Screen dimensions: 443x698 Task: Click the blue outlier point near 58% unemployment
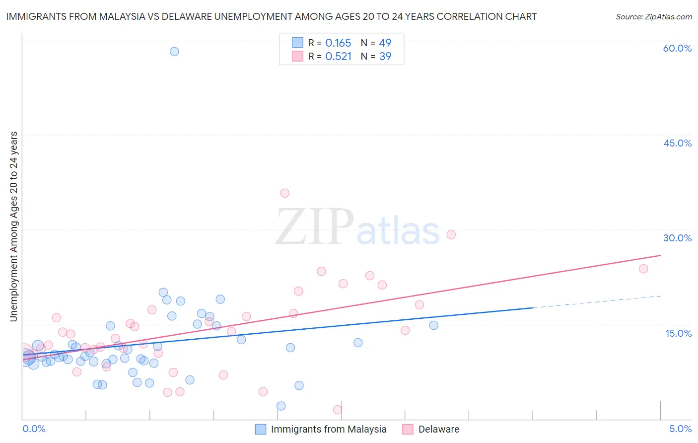(174, 52)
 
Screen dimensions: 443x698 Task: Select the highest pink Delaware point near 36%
(284, 193)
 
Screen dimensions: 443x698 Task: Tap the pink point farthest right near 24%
(643, 269)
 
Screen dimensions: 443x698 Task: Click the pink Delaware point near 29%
(451, 235)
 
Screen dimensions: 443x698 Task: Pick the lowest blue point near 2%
(281, 406)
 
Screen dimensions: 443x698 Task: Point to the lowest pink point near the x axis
(338, 410)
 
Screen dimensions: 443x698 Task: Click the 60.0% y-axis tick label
(677, 48)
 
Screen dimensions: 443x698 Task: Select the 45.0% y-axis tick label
(677, 143)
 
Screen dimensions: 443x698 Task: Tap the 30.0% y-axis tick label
(677, 238)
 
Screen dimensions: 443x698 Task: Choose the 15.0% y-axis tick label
(678, 333)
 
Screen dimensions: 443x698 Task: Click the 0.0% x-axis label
(34, 429)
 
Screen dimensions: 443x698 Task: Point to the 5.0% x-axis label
(680, 429)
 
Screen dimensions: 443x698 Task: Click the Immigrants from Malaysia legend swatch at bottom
(261, 430)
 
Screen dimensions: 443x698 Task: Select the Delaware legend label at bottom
(438, 429)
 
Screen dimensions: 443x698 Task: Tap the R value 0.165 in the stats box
(338, 43)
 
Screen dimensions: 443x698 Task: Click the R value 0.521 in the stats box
(338, 57)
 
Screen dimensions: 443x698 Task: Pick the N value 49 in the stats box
(385, 43)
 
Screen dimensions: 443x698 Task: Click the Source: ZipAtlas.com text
(653, 17)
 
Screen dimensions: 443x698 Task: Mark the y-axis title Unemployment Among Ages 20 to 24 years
(14, 226)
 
